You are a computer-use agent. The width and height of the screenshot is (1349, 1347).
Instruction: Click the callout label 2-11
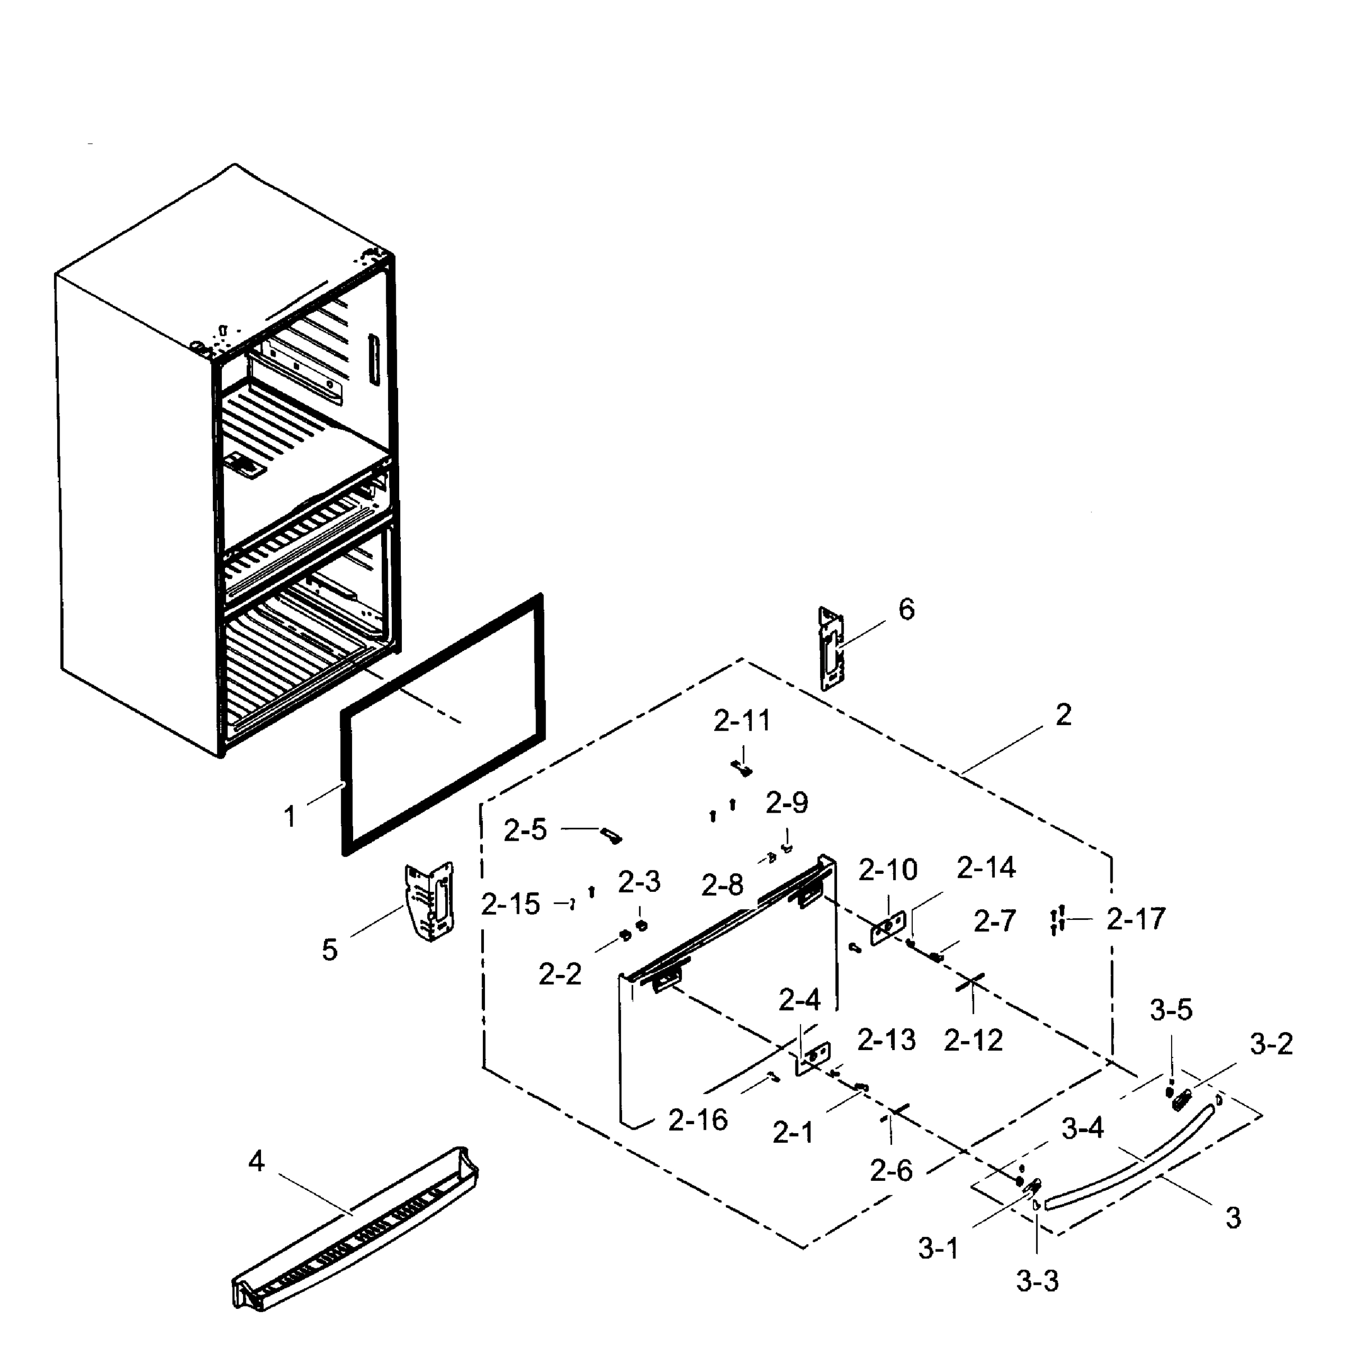(742, 721)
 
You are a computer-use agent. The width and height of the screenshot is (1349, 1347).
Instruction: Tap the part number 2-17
(1136, 919)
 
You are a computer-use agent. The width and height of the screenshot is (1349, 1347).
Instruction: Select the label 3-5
(1171, 1010)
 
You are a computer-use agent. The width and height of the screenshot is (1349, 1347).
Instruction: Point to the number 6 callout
(906, 610)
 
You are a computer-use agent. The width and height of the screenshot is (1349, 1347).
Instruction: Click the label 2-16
(698, 1120)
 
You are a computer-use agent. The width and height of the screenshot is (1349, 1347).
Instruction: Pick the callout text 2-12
(973, 1041)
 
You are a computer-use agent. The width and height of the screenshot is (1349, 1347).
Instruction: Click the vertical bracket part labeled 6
(831, 649)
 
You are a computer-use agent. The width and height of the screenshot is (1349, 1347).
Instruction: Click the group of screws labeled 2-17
(1057, 920)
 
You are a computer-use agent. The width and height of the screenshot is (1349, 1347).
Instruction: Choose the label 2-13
(886, 1040)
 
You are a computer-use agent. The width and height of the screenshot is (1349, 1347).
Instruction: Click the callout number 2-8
(722, 886)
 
